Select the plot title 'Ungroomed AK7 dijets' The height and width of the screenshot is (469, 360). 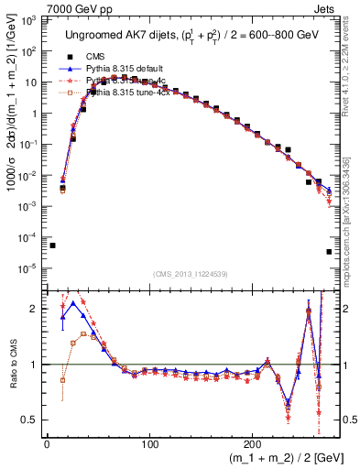[x=118, y=35]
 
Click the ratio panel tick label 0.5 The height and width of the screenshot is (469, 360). [x=31, y=420]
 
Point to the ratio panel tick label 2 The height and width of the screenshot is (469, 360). [x=36, y=309]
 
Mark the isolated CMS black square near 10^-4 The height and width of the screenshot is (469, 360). [x=52, y=245]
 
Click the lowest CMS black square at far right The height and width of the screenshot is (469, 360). [x=329, y=251]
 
